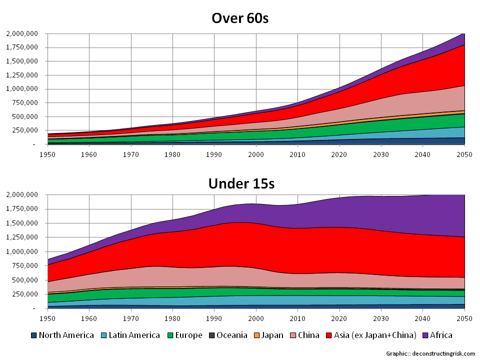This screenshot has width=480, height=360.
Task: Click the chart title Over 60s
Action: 240,18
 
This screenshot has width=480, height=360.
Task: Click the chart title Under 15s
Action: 241,183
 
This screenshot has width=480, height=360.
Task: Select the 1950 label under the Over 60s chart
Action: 47,154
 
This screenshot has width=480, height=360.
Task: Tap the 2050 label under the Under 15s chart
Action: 465,318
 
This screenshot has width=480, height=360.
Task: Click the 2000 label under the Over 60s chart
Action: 256,154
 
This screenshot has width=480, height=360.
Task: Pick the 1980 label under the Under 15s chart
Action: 172,318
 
